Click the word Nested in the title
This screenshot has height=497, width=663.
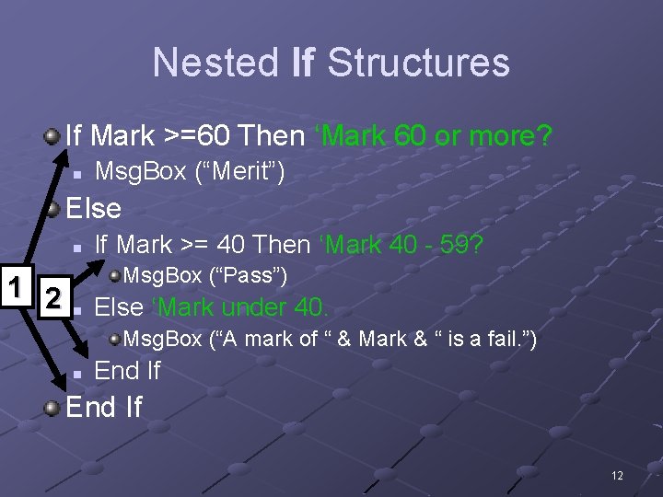pyautogui.click(x=215, y=63)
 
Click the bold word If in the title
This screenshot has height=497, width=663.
pyautogui.click(x=302, y=63)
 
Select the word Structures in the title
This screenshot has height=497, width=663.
pyautogui.click(x=418, y=63)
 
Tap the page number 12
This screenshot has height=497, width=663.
pyautogui.click(x=616, y=476)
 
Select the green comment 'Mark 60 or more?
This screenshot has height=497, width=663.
pyautogui.click(x=433, y=136)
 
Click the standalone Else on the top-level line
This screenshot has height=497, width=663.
pyautogui.click(x=94, y=208)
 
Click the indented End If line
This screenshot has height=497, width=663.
pyautogui.click(x=127, y=371)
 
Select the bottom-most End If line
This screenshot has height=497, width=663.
pyautogui.click(x=104, y=407)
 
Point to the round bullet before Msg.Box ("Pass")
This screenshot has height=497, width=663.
pyautogui.click(x=114, y=275)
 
